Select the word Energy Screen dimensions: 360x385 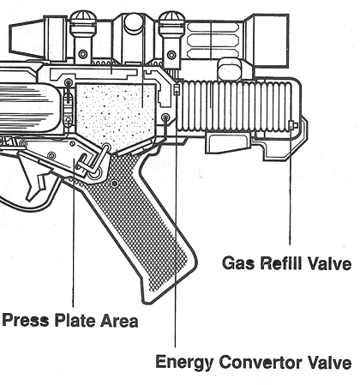click(184, 363)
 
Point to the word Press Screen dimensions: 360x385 click(26, 320)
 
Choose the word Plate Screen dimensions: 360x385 click(75, 320)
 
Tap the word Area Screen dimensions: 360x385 click(119, 321)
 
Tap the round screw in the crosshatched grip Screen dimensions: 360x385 click(115, 183)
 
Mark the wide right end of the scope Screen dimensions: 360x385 click(270, 40)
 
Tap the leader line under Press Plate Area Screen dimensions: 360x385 click(74, 232)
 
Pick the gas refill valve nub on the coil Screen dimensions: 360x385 click(293, 125)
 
